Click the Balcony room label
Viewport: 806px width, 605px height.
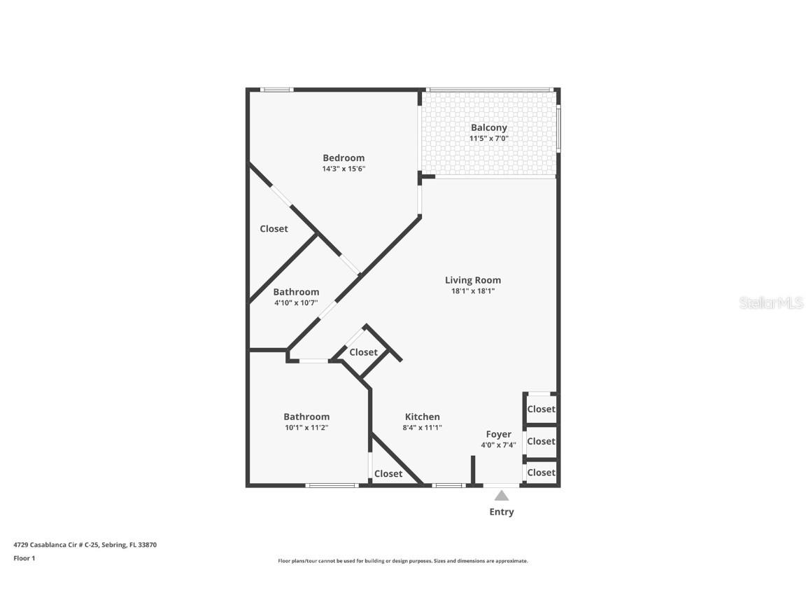pyautogui.click(x=488, y=127)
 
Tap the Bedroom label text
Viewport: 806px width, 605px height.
pyautogui.click(x=344, y=158)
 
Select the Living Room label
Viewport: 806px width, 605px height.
pyautogui.click(x=473, y=280)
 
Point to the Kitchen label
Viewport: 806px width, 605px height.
pyautogui.click(x=422, y=417)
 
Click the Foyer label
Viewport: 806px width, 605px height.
pyautogui.click(x=498, y=434)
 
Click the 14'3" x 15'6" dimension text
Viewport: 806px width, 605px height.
pyautogui.click(x=344, y=169)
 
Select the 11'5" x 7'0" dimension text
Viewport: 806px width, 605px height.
pyautogui.click(x=488, y=139)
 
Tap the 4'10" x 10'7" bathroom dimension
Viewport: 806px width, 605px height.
pyautogui.click(x=296, y=302)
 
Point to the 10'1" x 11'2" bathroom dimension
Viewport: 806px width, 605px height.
pyautogui.click(x=306, y=427)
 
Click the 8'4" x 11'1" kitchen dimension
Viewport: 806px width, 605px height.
pyautogui.click(x=422, y=427)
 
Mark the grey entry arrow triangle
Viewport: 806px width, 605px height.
pyautogui.click(x=502, y=496)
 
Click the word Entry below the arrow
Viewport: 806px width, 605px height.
pyautogui.click(x=502, y=512)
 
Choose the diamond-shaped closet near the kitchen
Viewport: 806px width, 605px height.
pyautogui.click(x=363, y=352)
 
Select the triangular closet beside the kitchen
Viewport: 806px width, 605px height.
pyautogui.click(x=388, y=474)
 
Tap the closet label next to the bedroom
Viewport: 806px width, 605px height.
pyautogui.click(x=274, y=229)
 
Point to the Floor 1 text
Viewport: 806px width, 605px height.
pyautogui.click(x=24, y=558)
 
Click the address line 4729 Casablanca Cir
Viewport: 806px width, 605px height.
pyautogui.click(x=85, y=544)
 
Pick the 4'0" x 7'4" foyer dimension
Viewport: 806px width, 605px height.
pyautogui.click(x=498, y=445)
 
